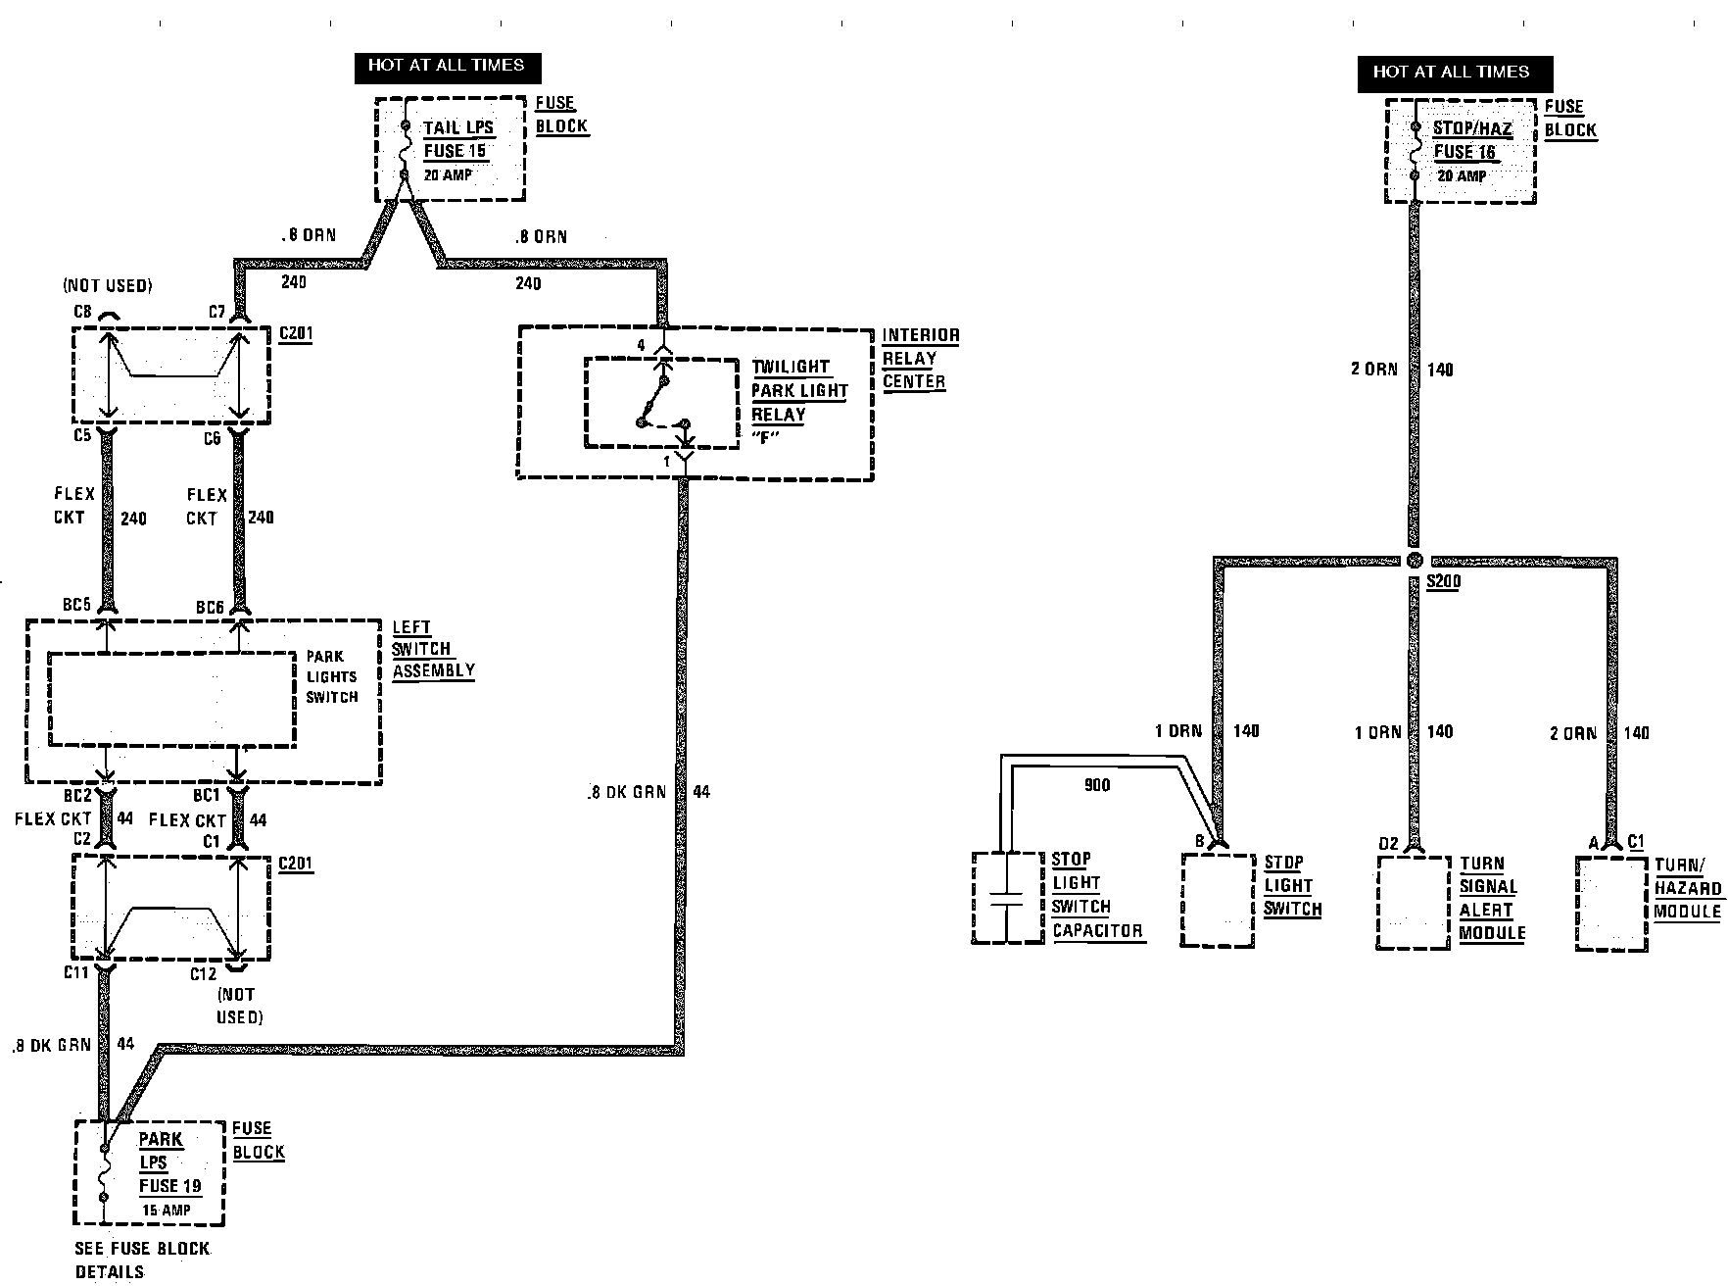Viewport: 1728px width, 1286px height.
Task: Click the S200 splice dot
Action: click(1414, 560)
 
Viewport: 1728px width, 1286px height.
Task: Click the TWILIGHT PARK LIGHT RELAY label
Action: click(798, 401)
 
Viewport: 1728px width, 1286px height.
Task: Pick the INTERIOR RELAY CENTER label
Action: click(919, 359)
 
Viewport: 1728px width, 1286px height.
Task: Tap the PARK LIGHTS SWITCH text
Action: click(331, 676)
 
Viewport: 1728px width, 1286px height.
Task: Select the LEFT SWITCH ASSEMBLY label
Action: click(432, 649)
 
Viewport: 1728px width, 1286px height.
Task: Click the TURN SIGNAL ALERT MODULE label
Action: click(1491, 898)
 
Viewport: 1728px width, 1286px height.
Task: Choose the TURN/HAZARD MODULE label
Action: click(1687, 888)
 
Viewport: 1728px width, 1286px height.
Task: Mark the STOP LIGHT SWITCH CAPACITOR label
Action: click(1096, 895)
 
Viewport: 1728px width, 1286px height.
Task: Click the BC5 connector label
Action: click(77, 605)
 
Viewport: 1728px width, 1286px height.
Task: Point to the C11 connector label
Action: click(76, 972)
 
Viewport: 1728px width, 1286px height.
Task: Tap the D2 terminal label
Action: click(1388, 843)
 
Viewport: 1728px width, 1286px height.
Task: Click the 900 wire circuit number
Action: click(1097, 785)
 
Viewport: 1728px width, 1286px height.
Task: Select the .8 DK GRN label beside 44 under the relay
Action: click(627, 792)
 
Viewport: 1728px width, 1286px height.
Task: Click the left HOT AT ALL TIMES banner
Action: click(446, 66)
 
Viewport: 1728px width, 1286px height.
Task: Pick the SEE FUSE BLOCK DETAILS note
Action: click(142, 1260)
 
